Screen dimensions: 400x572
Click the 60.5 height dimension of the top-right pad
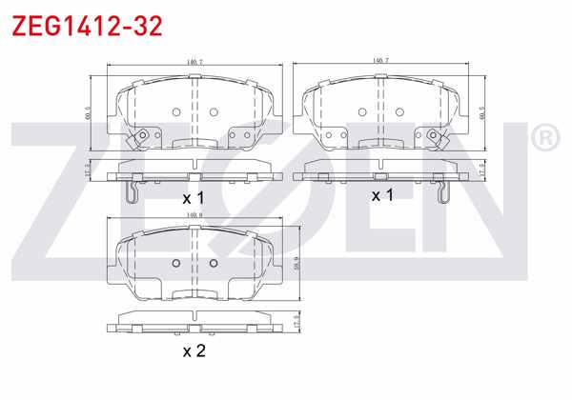pos(482,112)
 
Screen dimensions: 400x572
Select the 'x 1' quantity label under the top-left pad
pos(194,198)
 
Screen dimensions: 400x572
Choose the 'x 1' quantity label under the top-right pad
pos(382,195)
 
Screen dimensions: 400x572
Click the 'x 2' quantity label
pos(194,350)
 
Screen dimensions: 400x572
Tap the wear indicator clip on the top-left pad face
pos(143,139)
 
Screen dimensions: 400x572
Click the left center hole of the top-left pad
pos(176,111)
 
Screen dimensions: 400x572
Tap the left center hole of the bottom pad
pos(176,264)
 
